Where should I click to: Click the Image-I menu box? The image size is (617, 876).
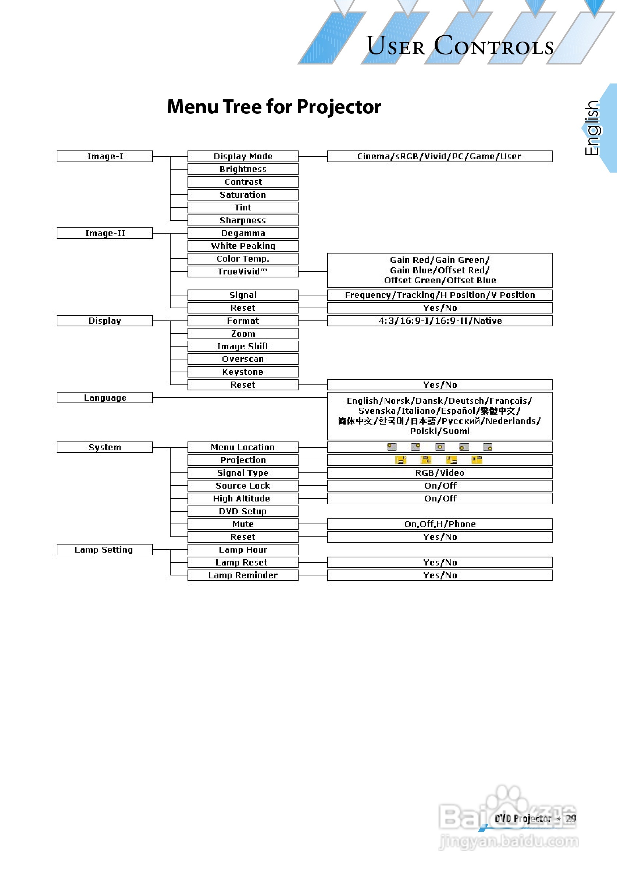[105, 156]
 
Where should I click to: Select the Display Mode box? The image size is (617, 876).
[243, 156]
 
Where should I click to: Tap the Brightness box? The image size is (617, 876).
[243, 169]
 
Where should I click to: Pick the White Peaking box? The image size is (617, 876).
[243, 246]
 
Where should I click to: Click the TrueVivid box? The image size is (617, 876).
[243, 271]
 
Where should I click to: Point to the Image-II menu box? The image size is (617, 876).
[105, 233]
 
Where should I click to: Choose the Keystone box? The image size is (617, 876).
[243, 372]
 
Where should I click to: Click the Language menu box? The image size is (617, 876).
[105, 398]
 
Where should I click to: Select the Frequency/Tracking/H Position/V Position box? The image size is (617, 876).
[439, 295]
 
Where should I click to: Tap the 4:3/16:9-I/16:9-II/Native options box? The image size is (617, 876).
[439, 320]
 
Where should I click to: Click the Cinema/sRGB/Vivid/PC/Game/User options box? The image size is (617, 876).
[439, 156]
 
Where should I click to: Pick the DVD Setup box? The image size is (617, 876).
[243, 511]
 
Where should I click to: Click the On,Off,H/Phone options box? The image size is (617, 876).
[439, 524]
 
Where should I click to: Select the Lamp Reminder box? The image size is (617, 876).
[243, 575]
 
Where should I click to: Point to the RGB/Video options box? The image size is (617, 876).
[439, 473]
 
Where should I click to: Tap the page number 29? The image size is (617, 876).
[571, 819]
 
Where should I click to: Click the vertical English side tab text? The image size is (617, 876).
[592, 128]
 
